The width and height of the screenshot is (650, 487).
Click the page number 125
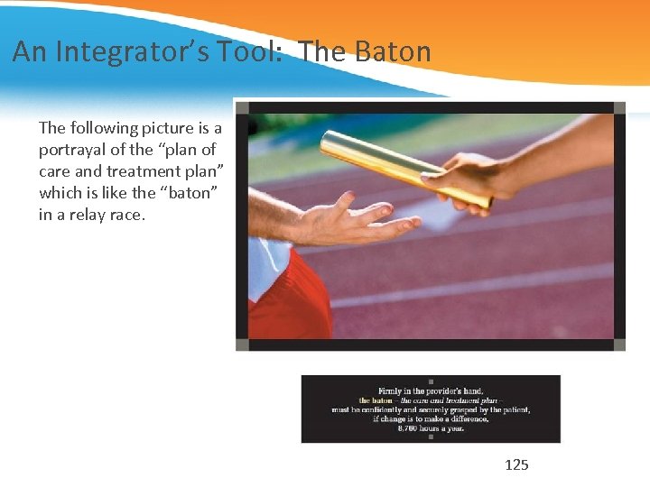[x=516, y=465]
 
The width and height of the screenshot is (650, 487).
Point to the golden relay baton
[x=397, y=166]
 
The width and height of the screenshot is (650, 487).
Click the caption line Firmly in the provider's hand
[x=431, y=391]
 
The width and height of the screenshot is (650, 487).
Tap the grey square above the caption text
[x=431, y=381]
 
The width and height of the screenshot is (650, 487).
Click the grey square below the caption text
[x=431, y=437]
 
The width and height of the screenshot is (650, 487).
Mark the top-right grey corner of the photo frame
[x=619, y=108]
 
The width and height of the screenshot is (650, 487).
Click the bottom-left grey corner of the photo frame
[x=242, y=345]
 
